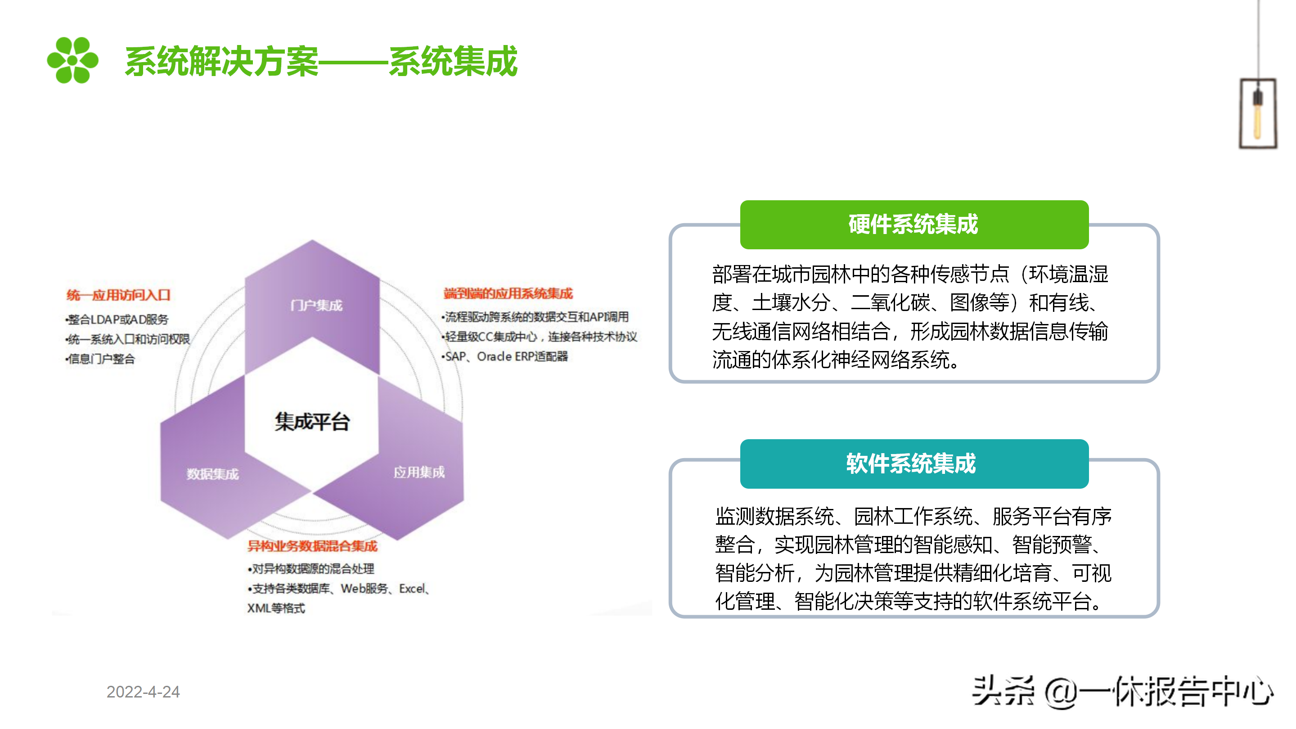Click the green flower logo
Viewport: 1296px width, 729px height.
coord(72,60)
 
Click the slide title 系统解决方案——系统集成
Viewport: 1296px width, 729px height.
coord(321,61)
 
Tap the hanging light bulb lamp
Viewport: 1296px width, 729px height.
coord(1257,113)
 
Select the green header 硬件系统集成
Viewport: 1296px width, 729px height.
coord(913,225)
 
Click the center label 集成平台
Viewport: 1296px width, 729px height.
coord(312,422)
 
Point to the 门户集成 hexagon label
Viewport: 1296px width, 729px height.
coord(316,306)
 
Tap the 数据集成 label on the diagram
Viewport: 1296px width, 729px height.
coord(212,474)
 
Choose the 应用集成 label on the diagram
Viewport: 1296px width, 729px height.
coord(418,472)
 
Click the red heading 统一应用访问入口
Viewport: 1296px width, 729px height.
coord(118,295)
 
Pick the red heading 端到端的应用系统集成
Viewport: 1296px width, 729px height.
coord(508,293)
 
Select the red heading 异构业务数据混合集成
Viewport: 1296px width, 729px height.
coord(312,546)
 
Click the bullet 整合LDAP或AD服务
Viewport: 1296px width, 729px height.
coord(117,319)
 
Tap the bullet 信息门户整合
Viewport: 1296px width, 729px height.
coord(101,359)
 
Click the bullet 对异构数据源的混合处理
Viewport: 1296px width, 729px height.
coord(311,569)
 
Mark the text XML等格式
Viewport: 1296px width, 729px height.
coord(276,608)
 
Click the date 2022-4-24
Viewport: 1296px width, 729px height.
coord(143,692)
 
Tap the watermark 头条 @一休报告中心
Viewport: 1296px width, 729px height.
coord(1122,692)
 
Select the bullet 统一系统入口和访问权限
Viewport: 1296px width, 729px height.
coord(128,339)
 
